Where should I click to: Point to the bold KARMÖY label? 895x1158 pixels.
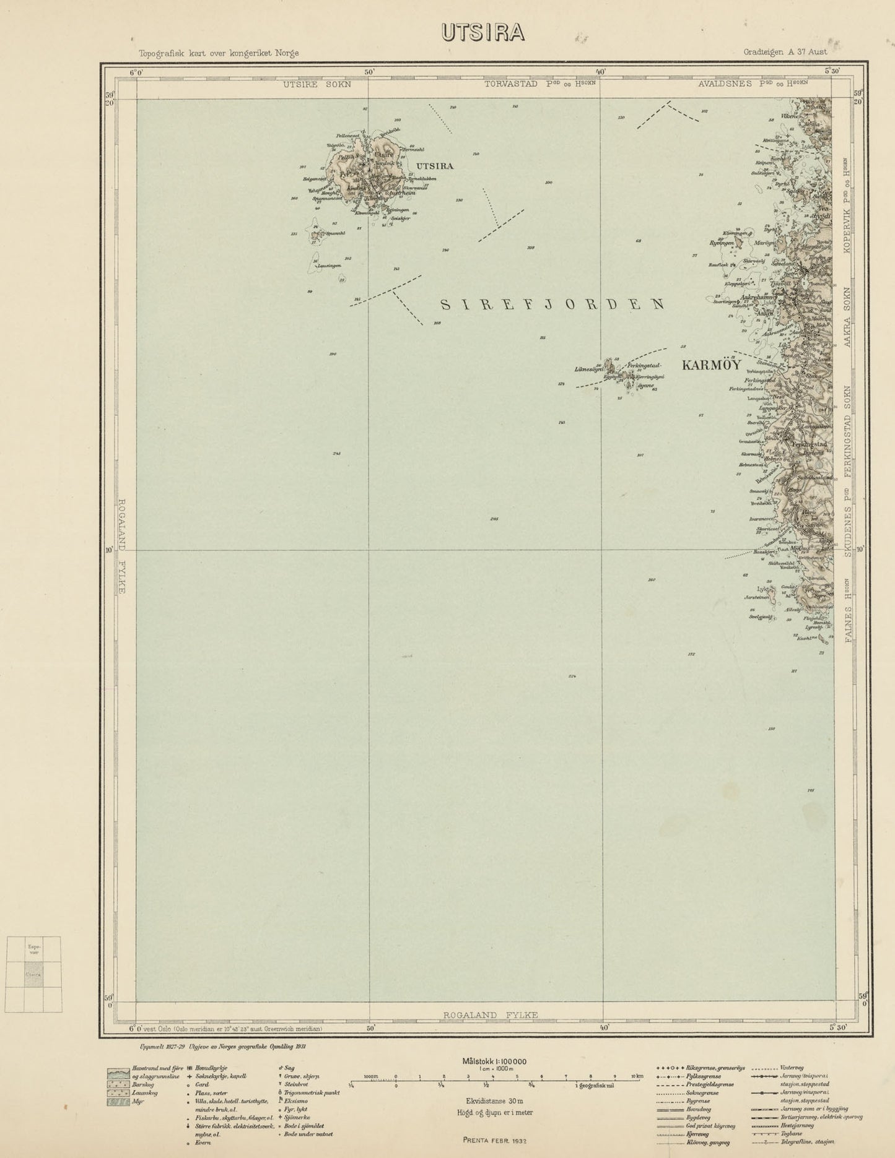711,365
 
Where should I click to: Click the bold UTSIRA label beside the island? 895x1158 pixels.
435,166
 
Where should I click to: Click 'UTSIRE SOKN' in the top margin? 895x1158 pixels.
317,85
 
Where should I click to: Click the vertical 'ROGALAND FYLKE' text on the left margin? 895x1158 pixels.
122,546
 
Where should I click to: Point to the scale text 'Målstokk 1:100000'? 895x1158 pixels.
494,1061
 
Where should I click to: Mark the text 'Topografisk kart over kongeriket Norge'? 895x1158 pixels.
219,53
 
